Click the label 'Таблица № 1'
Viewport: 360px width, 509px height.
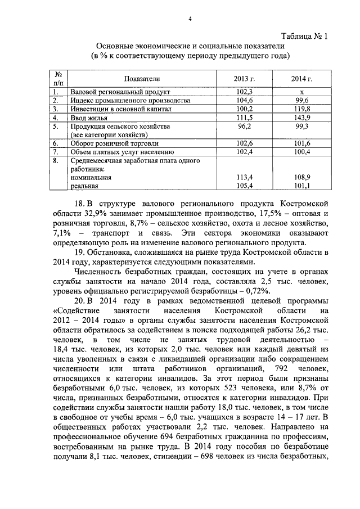click(305, 37)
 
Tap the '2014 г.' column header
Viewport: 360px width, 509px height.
click(301, 79)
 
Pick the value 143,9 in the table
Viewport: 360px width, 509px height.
click(301, 118)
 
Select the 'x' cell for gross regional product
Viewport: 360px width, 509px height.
click(301, 91)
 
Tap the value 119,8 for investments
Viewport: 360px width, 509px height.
click(301, 109)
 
